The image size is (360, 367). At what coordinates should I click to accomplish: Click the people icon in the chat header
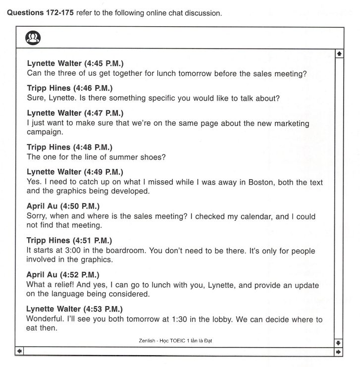[x=33, y=38]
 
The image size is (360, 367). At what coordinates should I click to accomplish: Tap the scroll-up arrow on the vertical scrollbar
[x=339, y=52]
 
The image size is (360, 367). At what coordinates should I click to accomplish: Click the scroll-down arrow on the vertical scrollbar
[x=339, y=342]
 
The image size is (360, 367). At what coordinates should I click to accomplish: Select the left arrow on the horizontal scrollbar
[x=19, y=351]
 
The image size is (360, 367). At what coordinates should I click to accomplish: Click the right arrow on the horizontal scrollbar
[x=339, y=351]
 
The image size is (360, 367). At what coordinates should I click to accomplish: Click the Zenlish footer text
[x=176, y=341]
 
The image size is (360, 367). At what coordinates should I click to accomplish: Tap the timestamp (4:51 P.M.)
[x=93, y=240]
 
